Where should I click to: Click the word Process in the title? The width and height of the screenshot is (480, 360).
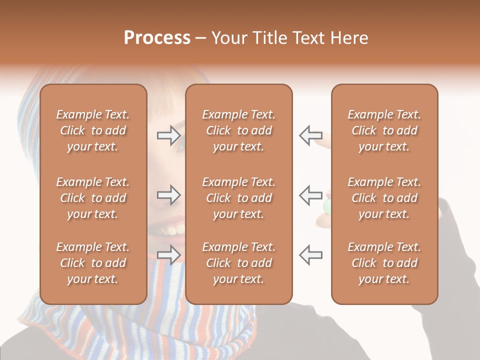click(x=157, y=38)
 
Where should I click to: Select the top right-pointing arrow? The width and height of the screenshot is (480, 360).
click(x=168, y=135)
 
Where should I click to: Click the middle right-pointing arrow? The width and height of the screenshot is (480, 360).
click(x=168, y=195)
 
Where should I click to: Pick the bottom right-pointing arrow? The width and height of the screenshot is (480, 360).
click(x=168, y=254)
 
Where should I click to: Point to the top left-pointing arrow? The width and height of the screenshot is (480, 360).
click(x=310, y=135)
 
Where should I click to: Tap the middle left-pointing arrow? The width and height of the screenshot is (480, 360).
click(x=310, y=195)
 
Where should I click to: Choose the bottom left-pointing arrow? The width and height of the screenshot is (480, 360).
click(x=310, y=254)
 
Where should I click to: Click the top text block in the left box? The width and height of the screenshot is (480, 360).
click(x=93, y=130)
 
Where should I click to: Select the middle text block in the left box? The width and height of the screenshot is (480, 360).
click(x=93, y=198)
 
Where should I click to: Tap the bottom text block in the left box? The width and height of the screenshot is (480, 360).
click(x=93, y=263)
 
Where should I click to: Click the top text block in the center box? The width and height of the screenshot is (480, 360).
click(x=238, y=130)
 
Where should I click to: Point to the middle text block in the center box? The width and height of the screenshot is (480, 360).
click(x=238, y=198)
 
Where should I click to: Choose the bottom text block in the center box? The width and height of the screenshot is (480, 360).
click(x=238, y=263)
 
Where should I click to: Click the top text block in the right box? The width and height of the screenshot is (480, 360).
click(x=384, y=130)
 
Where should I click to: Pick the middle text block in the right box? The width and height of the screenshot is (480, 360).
click(x=384, y=198)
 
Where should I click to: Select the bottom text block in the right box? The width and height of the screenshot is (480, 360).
click(x=384, y=263)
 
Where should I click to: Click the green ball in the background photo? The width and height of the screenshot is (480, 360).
click(x=327, y=205)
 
